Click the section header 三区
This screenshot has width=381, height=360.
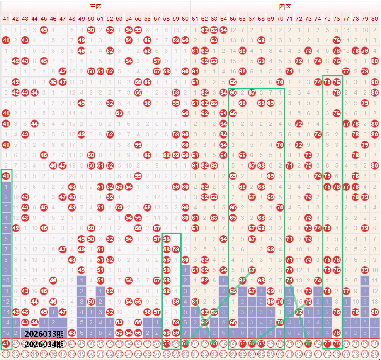96,7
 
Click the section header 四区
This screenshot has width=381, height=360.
285,7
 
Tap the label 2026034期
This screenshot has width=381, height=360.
44,344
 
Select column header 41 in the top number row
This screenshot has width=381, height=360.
6,19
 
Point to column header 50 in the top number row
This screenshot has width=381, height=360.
91,19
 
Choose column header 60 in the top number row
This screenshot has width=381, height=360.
185,19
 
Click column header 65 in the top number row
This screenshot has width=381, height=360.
233,19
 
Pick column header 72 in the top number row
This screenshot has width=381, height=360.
299,19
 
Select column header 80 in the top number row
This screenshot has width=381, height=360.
375,19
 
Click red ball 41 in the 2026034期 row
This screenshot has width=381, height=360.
6,343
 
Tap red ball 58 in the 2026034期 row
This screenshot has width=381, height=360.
166,343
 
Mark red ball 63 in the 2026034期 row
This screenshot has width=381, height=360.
214,343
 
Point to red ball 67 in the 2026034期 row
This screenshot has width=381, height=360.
252,343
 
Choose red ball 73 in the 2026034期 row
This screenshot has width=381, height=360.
308,343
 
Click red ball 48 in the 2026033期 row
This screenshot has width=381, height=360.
72,333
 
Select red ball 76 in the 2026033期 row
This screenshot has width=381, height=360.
337,333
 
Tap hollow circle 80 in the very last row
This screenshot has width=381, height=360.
375,354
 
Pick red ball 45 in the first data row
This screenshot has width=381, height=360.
44,30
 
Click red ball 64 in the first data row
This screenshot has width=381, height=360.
223,30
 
